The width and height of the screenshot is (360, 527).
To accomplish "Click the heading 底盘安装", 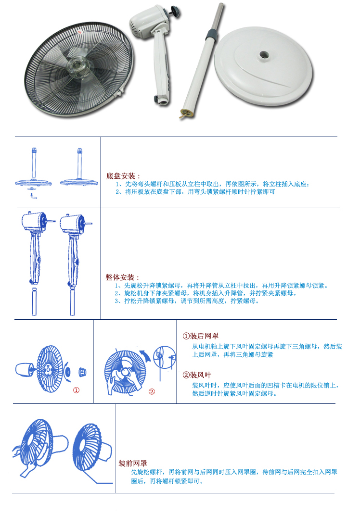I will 123,176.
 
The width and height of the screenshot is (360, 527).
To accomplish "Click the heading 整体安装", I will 122,277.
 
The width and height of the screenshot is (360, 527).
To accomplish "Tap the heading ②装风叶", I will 197,375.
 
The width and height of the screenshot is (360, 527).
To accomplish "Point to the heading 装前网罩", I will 132,463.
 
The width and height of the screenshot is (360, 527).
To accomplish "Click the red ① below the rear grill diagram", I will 76,390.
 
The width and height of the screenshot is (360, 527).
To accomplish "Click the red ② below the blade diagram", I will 152,391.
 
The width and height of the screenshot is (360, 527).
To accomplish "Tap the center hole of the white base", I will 264,55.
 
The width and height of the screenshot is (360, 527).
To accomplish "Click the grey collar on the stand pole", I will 210,35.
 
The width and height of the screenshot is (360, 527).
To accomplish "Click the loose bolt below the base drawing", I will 32,196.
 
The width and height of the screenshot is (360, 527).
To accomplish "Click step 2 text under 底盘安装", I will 195,191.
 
